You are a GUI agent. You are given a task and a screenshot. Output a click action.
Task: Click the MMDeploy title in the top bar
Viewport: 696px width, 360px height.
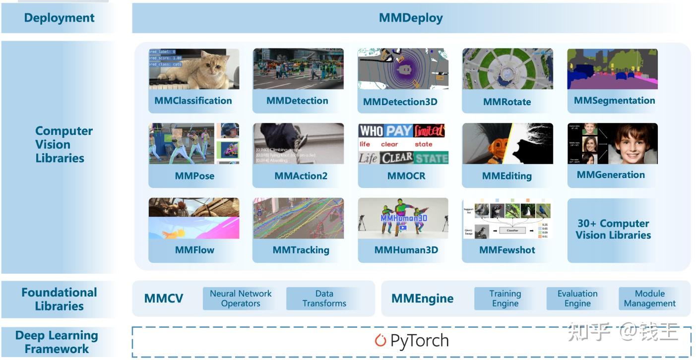click(x=411, y=18)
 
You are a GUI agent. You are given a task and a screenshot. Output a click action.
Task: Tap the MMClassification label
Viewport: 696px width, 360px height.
click(x=193, y=101)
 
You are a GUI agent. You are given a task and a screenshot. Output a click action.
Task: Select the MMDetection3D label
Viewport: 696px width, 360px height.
click(x=400, y=102)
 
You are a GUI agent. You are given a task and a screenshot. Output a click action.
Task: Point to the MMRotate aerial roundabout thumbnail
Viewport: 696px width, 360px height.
click(x=507, y=69)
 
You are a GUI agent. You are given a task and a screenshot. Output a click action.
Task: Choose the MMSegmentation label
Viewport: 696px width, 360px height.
click(x=614, y=101)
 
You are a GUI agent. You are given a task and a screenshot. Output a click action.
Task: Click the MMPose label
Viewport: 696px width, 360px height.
click(x=194, y=176)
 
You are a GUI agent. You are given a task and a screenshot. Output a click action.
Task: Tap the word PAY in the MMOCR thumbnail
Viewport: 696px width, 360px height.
click(x=399, y=131)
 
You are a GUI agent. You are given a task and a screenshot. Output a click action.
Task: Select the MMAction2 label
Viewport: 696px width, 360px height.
click(x=301, y=176)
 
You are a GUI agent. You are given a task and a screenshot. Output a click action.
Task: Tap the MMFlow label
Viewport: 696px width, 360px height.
click(x=194, y=250)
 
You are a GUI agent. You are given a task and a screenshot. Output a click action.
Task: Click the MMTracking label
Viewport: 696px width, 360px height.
click(x=301, y=250)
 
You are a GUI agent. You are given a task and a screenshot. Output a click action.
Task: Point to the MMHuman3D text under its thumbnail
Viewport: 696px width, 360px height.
click(x=406, y=250)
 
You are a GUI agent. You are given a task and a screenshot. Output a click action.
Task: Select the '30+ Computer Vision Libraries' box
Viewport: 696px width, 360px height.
click(x=613, y=230)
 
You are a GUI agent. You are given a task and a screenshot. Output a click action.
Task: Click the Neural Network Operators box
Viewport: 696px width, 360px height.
click(x=241, y=299)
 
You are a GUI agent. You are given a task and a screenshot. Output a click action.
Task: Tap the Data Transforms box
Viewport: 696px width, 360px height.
click(x=324, y=299)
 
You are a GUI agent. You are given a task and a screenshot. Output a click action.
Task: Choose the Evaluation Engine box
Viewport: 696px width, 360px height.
click(x=577, y=299)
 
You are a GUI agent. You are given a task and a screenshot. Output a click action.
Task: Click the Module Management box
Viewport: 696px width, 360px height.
click(x=649, y=299)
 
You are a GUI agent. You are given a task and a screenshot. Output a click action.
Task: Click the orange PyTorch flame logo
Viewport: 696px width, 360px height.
click(x=380, y=341)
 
